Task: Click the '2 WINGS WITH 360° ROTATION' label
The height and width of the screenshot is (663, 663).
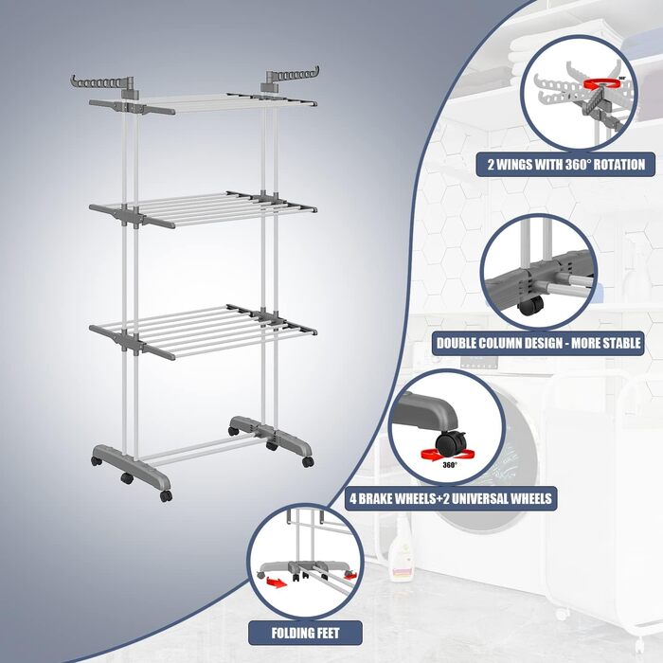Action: pos(565,164)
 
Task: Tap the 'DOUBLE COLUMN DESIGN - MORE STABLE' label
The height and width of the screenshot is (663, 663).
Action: pos(538,343)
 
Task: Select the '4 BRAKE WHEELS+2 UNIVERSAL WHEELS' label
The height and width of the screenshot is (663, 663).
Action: pos(451,498)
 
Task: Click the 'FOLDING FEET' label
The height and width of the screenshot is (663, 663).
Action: pos(305,633)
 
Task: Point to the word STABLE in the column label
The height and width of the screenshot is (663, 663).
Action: pos(620,343)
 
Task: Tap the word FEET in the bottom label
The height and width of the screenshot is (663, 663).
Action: pos(326,633)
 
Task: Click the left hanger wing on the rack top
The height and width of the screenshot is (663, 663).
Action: pos(102,83)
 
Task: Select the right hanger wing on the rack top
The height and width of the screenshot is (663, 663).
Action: pos(292,77)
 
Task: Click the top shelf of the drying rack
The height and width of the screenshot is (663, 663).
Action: pos(203,103)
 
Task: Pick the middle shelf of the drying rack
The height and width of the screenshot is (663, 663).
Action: pos(203,209)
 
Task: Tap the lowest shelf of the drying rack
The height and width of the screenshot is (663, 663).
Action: pos(203,331)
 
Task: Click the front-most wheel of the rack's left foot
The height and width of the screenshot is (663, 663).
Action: pos(166,496)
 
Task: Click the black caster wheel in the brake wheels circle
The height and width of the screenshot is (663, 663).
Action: pos(451,444)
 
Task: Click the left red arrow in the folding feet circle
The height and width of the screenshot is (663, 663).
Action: pos(277,583)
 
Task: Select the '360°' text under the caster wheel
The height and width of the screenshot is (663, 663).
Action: pos(450,465)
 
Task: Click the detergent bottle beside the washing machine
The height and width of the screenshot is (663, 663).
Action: pos(400,549)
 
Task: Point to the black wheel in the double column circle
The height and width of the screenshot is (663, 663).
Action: pos(531,305)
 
